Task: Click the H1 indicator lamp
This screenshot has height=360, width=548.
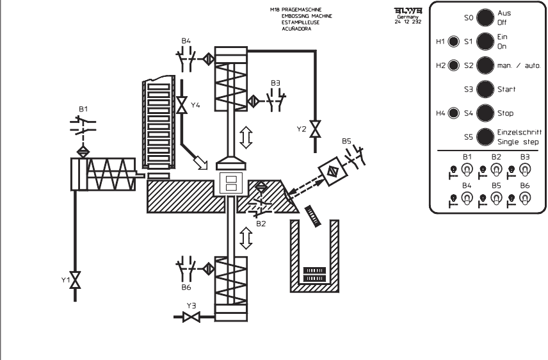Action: click(x=454, y=42)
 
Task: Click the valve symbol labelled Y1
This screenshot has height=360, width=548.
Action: click(x=76, y=281)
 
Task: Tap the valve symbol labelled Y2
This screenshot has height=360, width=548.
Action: click(x=314, y=127)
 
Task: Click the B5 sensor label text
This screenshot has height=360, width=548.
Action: click(x=346, y=140)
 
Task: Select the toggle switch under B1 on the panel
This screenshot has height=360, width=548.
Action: click(x=467, y=170)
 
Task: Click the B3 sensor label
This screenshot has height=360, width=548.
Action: click(x=275, y=83)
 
